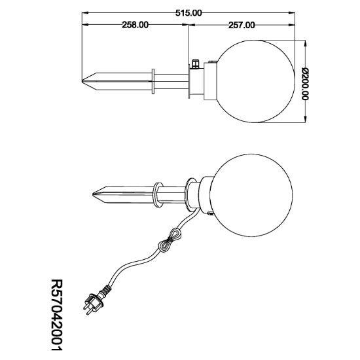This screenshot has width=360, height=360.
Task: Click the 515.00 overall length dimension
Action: point(189,13)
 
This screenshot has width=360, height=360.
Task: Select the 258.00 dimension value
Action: point(135,25)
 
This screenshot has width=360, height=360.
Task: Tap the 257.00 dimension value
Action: point(242,25)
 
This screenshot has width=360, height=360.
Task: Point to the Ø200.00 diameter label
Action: point(305,84)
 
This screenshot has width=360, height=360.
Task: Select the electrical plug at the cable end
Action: point(93,304)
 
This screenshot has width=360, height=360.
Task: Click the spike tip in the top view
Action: point(82,81)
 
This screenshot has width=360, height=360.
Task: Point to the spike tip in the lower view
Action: point(93,194)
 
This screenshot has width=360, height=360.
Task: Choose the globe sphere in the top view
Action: point(255,81)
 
